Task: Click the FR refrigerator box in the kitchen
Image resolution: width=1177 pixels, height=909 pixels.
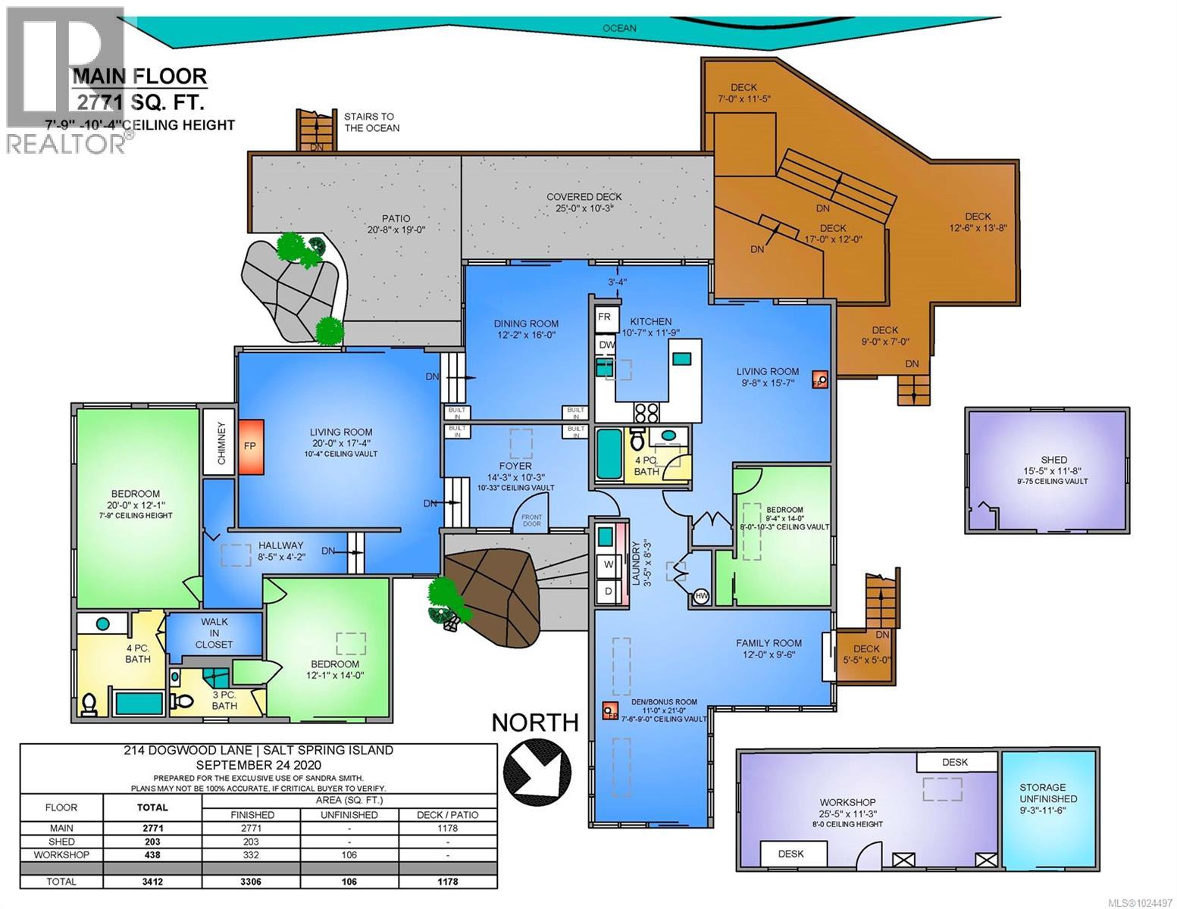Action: [x=605, y=317]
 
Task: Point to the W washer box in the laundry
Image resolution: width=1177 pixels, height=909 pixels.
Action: [x=608, y=564]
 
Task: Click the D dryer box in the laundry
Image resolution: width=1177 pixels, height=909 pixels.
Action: [x=608, y=591]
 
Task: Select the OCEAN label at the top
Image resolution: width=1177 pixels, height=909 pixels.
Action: [x=619, y=28]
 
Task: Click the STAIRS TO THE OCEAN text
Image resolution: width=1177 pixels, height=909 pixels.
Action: [x=369, y=122]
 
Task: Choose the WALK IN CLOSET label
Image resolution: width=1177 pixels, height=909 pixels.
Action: [x=214, y=633]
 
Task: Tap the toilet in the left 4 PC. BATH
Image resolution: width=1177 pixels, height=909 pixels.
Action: [x=89, y=704]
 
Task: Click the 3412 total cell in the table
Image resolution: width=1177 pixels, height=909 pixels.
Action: [x=152, y=882]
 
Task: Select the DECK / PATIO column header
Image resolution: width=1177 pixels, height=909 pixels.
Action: [x=448, y=814]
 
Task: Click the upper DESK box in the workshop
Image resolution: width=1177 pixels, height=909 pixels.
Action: [x=954, y=762]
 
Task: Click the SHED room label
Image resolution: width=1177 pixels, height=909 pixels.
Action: [x=1053, y=460]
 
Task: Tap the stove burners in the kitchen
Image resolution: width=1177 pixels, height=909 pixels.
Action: [x=646, y=412]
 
